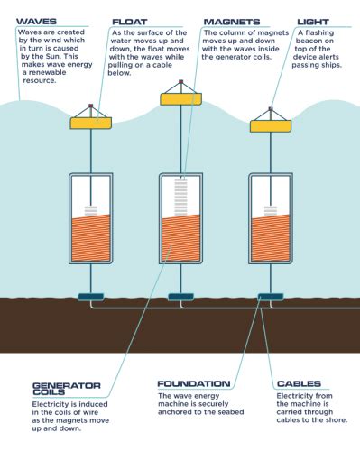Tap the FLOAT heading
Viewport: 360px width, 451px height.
click(130, 21)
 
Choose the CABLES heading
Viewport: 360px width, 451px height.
click(299, 383)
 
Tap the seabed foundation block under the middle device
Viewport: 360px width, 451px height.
click(180, 295)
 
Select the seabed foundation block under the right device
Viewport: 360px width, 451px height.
click(270, 295)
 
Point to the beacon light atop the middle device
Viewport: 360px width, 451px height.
click(180, 82)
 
